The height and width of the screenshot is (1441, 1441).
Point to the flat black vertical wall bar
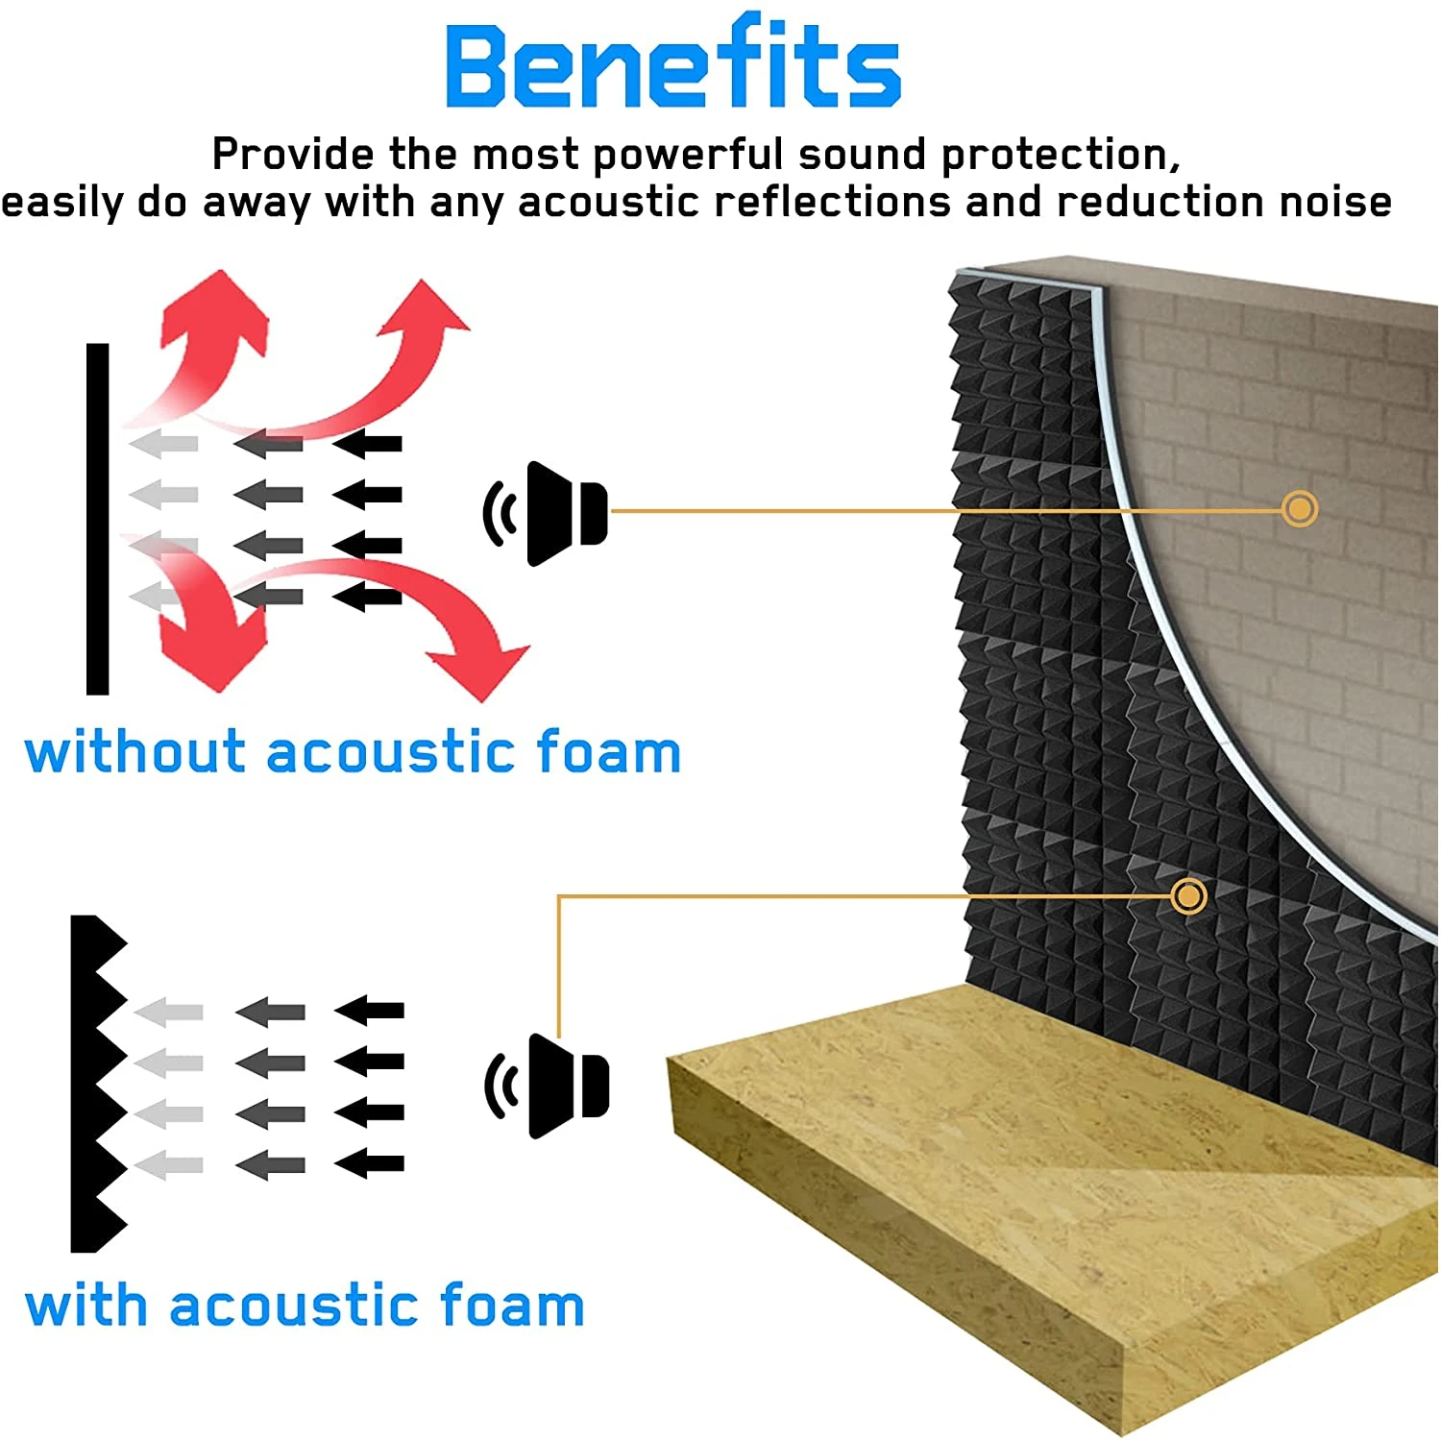(97, 519)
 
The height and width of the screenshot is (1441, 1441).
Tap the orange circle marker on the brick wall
(1299, 508)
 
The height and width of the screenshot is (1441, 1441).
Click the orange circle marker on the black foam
(1188, 896)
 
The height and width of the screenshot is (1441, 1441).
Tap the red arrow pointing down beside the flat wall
(207, 634)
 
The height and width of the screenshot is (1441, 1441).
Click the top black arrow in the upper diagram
(368, 444)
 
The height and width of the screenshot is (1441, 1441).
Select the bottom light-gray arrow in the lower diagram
(169, 1165)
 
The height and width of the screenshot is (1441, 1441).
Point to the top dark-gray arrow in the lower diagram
(271, 1012)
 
